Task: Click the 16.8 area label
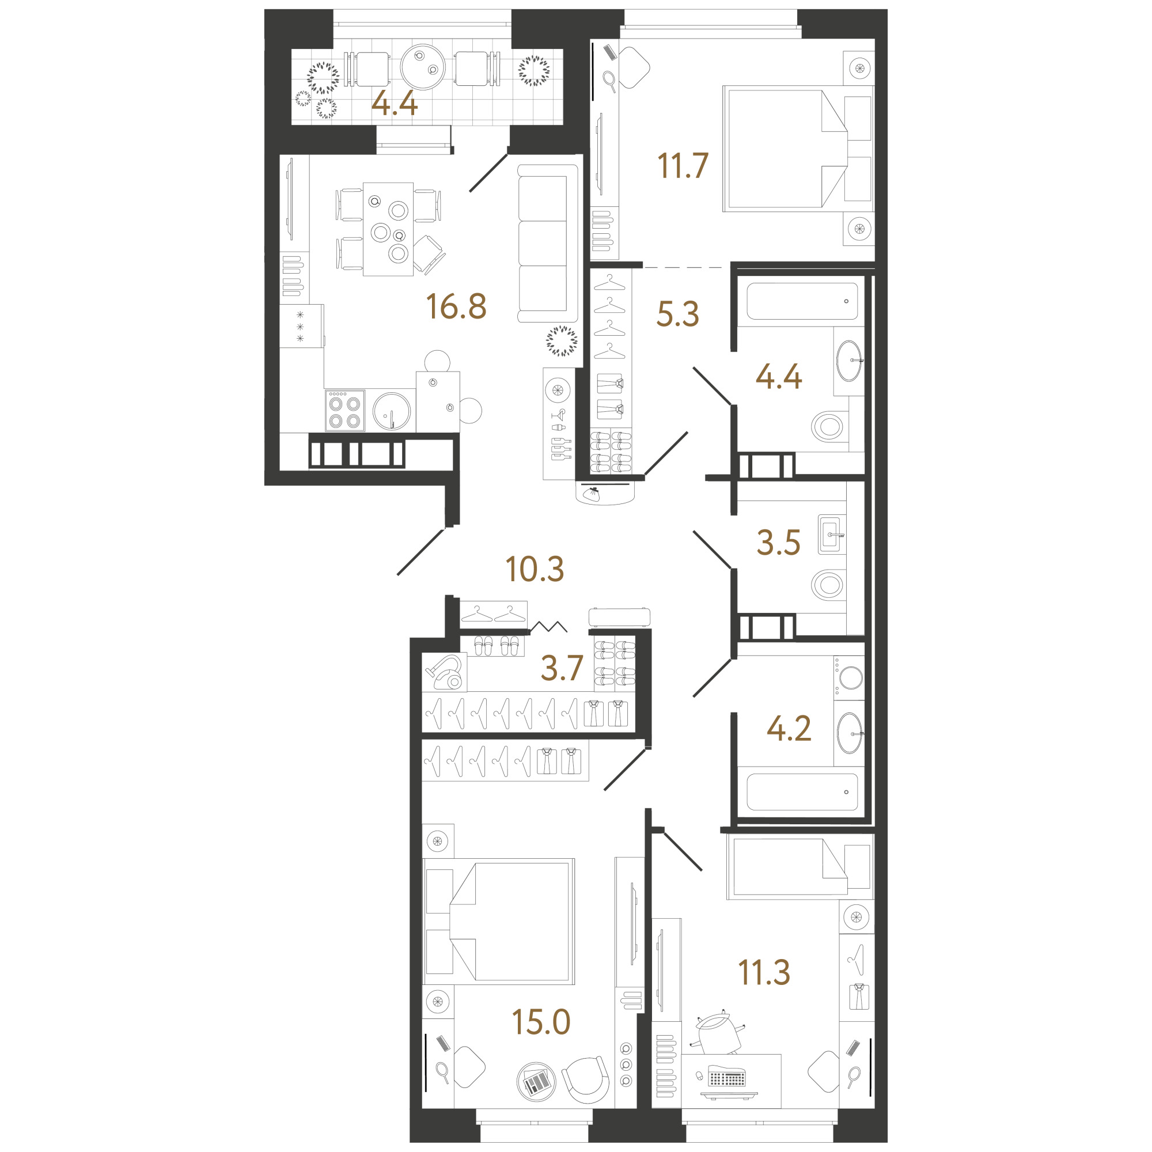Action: click(456, 306)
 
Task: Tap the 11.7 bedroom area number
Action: click(683, 166)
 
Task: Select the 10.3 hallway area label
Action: click(535, 570)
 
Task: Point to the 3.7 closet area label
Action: click(561, 668)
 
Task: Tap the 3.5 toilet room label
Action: click(778, 543)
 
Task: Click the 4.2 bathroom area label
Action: click(789, 729)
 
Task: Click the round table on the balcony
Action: click(423, 67)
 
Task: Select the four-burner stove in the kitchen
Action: click(344, 410)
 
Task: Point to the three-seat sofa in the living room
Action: click(547, 244)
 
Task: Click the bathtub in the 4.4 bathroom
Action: click(802, 301)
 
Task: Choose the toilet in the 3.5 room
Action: click(829, 585)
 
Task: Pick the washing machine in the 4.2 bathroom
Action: click(848, 678)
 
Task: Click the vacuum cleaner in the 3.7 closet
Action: click(445, 672)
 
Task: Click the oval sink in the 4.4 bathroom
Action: click(849, 361)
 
